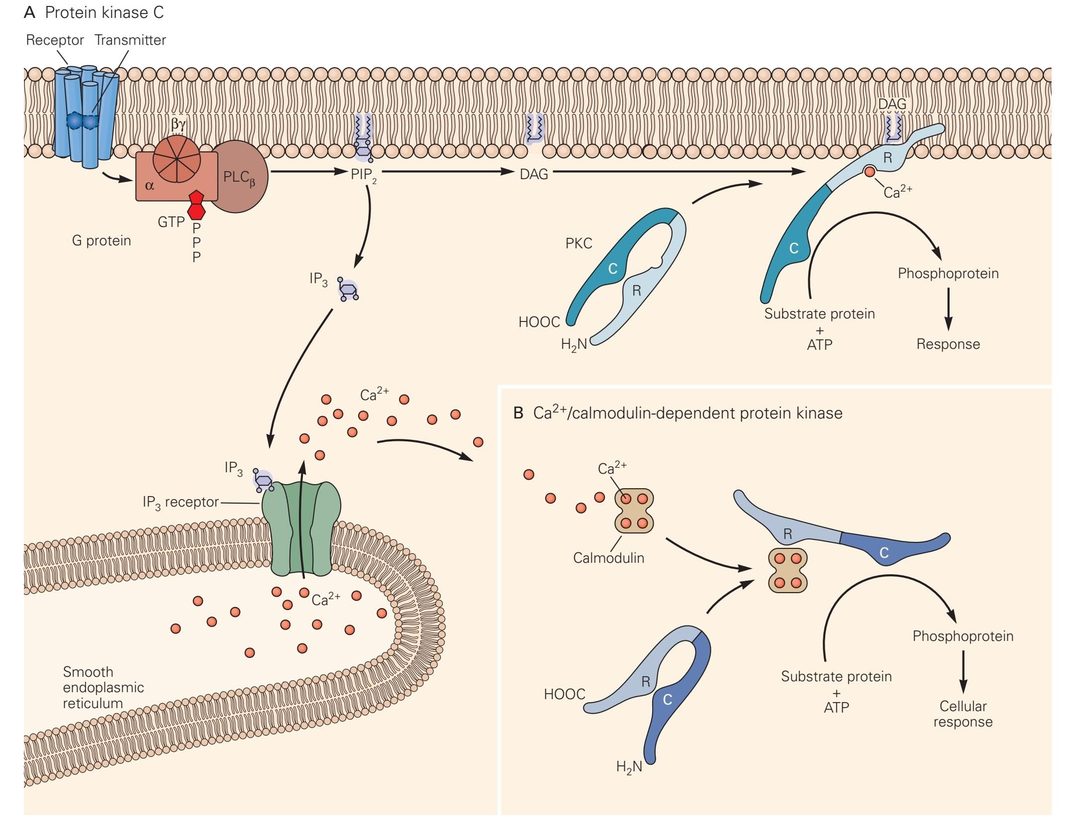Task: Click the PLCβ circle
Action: pos(241,177)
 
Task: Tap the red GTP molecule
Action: pos(196,205)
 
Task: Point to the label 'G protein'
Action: pos(101,241)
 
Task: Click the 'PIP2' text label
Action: pos(362,175)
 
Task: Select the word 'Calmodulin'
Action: pos(608,558)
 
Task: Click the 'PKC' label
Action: pos(579,243)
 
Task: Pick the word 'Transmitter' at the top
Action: pos(130,40)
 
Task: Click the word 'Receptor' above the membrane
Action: pos(55,40)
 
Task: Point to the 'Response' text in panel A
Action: pos(948,344)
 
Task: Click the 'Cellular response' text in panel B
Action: pos(963,714)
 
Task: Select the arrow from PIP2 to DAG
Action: pos(448,172)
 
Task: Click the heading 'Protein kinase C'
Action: pos(104,12)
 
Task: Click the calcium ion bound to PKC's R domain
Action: pos(869,172)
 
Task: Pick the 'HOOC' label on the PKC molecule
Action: pos(539,322)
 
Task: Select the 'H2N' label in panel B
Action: pos(629,767)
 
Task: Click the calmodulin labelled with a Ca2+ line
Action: pos(634,511)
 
